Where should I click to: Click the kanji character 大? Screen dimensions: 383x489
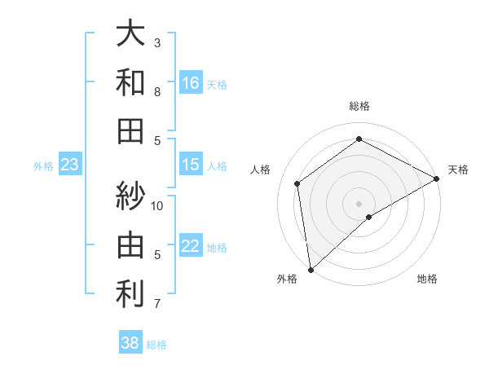[x=130, y=34]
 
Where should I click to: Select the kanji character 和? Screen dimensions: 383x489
[x=130, y=82]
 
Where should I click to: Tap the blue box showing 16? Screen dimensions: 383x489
[x=191, y=82]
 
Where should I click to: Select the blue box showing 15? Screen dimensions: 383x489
[x=191, y=165]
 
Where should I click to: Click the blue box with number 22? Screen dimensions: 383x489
[x=191, y=246]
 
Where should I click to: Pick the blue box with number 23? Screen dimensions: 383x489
[x=70, y=165]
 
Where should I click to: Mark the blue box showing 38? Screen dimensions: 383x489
[x=130, y=343]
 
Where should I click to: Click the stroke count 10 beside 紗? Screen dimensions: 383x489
[x=157, y=205]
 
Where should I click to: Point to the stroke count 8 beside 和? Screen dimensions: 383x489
[x=157, y=92]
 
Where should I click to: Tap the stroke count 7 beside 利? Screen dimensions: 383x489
[x=157, y=304]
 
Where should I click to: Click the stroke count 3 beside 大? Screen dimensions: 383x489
[x=157, y=42]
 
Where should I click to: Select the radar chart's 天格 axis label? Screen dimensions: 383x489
[x=458, y=169]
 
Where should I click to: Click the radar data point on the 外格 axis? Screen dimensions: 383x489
[x=311, y=270]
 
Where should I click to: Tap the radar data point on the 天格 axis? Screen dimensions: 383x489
[x=438, y=178]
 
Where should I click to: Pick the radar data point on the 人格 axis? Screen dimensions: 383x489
[x=297, y=183]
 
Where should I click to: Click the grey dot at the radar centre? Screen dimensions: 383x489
[x=359, y=203]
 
